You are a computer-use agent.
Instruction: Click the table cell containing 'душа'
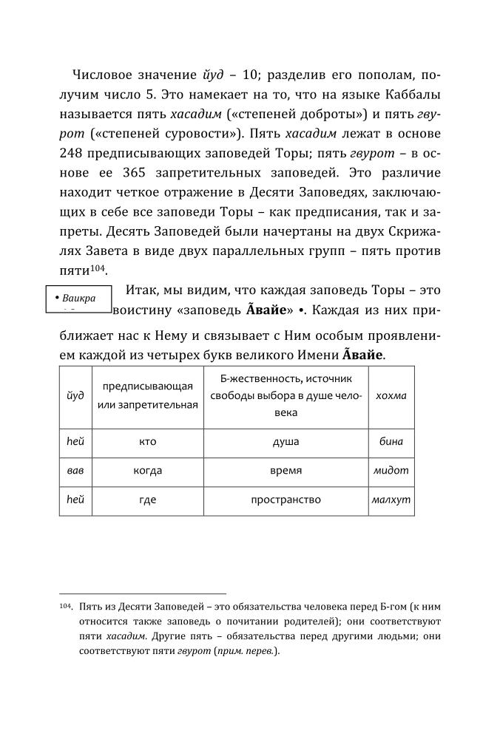point(286,442)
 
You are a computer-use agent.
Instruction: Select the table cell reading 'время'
point(286,471)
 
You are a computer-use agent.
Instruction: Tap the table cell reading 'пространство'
point(286,500)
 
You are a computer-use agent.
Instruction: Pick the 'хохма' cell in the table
point(391,395)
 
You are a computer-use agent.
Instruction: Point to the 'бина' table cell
point(391,442)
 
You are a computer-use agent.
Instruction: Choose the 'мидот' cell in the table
point(391,471)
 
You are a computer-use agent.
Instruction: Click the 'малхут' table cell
point(391,500)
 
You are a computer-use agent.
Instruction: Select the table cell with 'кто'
point(147,442)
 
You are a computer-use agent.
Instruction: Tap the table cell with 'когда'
point(147,471)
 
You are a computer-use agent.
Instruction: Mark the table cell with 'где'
point(147,500)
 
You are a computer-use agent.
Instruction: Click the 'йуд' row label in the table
point(75,395)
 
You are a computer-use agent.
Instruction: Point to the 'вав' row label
point(75,471)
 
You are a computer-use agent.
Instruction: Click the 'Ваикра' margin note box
point(78,301)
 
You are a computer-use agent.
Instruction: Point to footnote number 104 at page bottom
point(65,606)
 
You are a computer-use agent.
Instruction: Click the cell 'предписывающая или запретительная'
point(147,395)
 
